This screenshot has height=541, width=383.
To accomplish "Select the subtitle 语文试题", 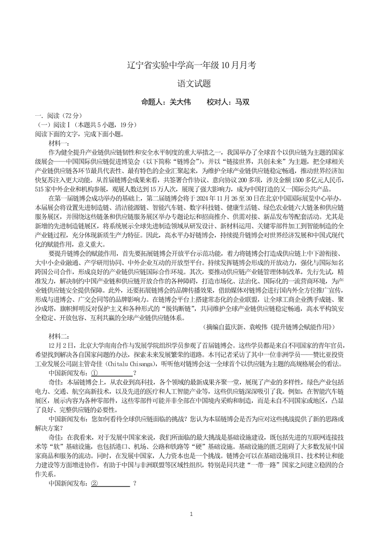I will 191,83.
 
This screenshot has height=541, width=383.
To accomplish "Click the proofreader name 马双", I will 243,102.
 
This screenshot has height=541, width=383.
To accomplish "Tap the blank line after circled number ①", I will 116,373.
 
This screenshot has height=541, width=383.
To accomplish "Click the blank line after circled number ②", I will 115,483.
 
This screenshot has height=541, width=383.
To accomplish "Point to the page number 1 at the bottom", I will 191,514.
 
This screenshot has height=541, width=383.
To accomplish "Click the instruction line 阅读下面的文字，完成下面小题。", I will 80,135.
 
